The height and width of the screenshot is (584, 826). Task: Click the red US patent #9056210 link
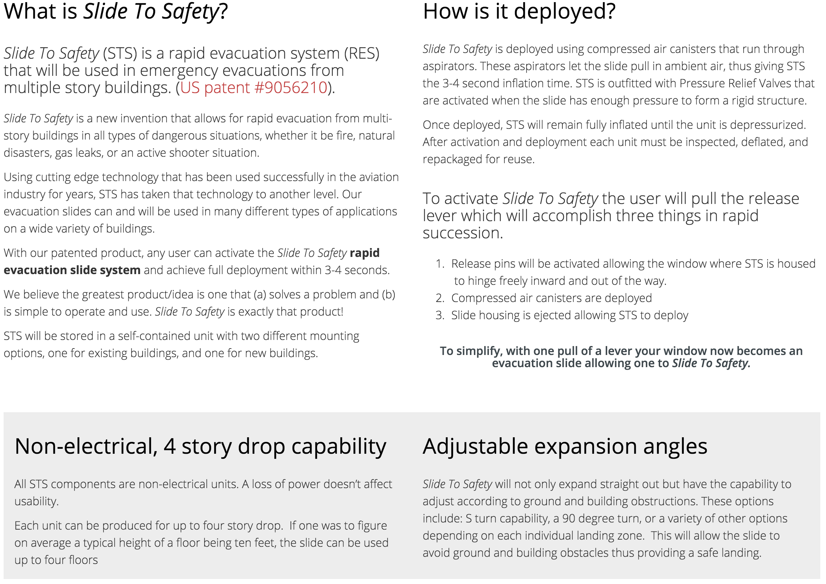pyautogui.click(x=254, y=88)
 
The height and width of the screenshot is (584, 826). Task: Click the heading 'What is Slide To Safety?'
pyautogui.click(x=115, y=11)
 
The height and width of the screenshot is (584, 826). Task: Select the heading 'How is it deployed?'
pyautogui.click(x=519, y=11)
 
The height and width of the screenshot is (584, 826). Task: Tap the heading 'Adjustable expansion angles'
pyautogui.click(x=565, y=446)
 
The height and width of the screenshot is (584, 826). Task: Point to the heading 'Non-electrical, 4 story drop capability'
pyautogui.click(x=200, y=446)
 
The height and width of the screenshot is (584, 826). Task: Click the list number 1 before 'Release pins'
pyautogui.click(x=440, y=264)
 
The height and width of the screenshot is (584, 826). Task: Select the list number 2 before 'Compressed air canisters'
pyautogui.click(x=440, y=298)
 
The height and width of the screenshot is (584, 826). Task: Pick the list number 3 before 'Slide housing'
pyautogui.click(x=440, y=315)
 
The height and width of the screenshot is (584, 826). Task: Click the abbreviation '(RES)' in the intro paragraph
pyautogui.click(x=361, y=54)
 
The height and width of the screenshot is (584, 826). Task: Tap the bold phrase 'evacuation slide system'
pyautogui.click(x=72, y=270)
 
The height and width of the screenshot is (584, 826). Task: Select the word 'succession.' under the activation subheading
pyautogui.click(x=462, y=233)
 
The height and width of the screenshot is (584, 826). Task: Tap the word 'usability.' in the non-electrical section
pyautogui.click(x=36, y=501)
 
